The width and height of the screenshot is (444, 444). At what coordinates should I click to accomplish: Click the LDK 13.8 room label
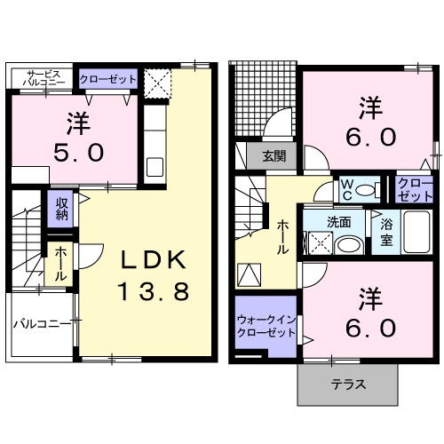154,274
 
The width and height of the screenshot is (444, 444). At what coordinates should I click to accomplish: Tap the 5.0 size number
79,153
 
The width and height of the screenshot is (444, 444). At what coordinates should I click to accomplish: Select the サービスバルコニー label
44,78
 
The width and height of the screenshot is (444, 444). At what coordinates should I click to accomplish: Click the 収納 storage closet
61,209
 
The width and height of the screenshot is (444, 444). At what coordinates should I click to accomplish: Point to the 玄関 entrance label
274,156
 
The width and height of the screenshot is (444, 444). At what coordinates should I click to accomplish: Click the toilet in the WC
368,189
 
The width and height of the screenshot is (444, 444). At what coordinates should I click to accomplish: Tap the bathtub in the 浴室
416,232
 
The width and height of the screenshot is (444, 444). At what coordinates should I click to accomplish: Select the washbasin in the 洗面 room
349,246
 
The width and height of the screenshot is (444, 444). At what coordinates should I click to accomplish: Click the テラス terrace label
348,385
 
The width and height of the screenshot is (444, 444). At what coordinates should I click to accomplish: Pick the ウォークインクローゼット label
266,326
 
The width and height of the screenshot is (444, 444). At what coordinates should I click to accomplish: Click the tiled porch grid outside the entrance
263,99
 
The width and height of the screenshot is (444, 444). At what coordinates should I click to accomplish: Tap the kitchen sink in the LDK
155,167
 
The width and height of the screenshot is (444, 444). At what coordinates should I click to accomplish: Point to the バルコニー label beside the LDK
44,324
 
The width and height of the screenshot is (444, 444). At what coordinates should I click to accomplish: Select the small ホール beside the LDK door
60,264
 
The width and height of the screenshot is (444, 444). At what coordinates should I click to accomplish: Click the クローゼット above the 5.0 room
108,79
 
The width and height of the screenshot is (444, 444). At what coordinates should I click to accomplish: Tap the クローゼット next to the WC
415,189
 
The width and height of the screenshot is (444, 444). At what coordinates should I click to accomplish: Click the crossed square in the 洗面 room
321,243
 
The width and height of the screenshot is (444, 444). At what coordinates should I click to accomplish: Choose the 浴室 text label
386,232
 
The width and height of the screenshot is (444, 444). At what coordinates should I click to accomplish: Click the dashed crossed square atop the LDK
158,83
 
